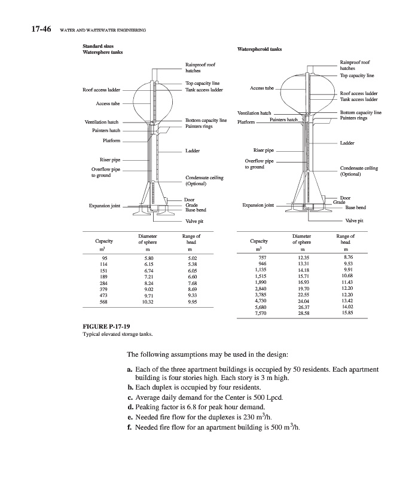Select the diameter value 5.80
pos(142,258)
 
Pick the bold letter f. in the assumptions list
pos(130,428)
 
